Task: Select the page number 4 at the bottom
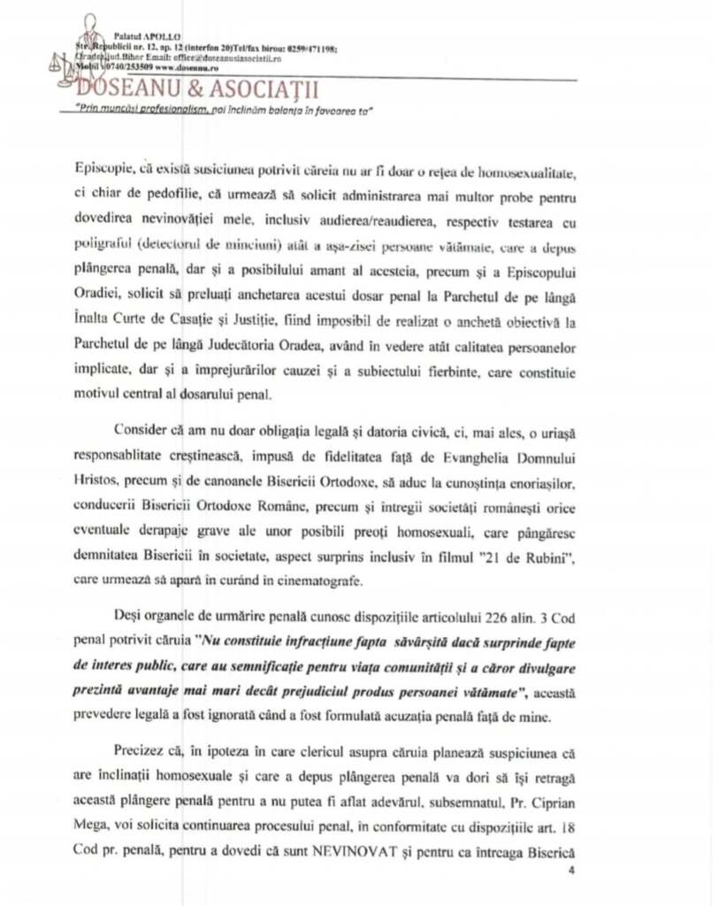pyautogui.click(x=572, y=871)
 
